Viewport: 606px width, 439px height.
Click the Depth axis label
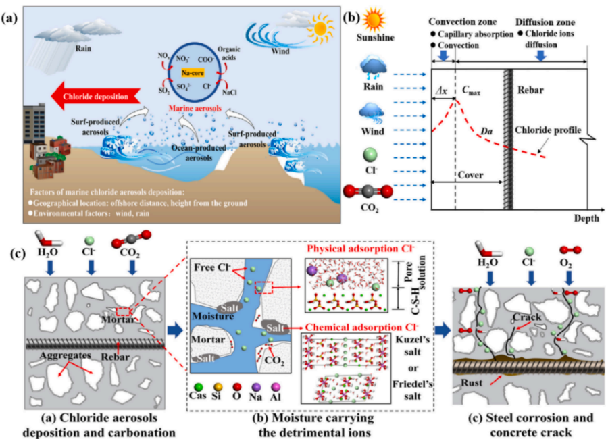(x=586, y=220)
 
